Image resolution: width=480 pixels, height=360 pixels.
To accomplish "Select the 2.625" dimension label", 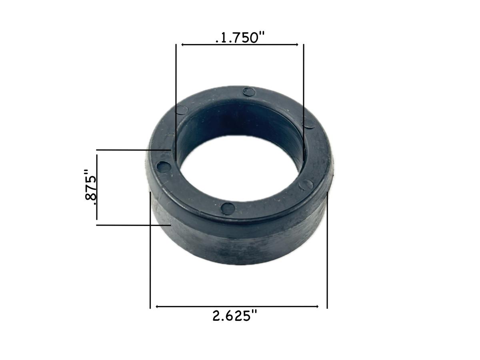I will (x=234, y=316).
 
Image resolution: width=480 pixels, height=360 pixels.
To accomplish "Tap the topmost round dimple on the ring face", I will (x=249, y=92).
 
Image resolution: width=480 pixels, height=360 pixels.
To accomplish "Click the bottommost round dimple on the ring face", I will (x=228, y=208).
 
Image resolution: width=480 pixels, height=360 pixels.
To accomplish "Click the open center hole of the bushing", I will (x=240, y=168).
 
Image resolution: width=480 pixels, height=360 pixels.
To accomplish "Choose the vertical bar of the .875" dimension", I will (x=97, y=187).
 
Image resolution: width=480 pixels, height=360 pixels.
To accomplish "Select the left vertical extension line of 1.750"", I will (x=176, y=100).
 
